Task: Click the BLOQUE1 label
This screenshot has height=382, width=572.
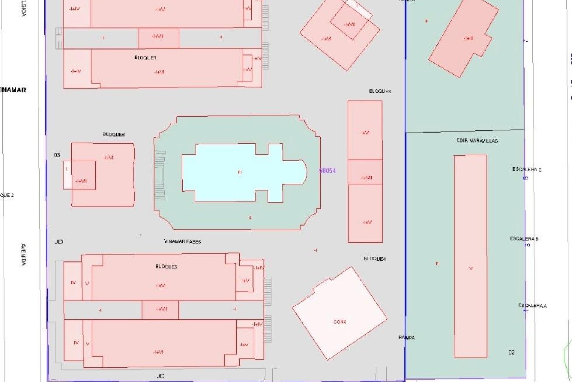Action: pyautogui.click(x=145, y=58)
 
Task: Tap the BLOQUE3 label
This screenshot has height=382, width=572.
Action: pyautogui.click(x=380, y=91)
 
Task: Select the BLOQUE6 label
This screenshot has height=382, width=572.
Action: pyautogui.click(x=114, y=135)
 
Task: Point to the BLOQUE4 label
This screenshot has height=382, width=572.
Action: pyautogui.click(x=374, y=259)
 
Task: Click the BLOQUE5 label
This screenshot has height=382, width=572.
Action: pyautogui.click(x=166, y=267)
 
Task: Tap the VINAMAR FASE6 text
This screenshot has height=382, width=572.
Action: pyautogui.click(x=183, y=241)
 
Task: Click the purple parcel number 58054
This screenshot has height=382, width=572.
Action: pyautogui.click(x=327, y=171)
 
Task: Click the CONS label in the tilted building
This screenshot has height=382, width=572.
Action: pyautogui.click(x=340, y=322)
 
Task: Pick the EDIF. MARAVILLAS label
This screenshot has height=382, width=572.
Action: pyautogui.click(x=477, y=141)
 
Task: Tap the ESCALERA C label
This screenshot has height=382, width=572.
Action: pyautogui.click(x=527, y=170)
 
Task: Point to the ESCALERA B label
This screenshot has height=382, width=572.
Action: pyautogui.click(x=524, y=239)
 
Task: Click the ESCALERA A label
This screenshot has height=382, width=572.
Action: pyautogui.click(x=532, y=306)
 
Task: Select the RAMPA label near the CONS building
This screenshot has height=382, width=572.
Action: pyautogui.click(x=407, y=338)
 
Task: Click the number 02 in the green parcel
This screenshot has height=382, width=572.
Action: pyautogui.click(x=511, y=352)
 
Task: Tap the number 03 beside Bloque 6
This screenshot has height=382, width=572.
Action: pyautogui.click(x=57, y=155)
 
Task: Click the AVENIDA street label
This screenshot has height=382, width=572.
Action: pyautogui.click(x=24, y=254)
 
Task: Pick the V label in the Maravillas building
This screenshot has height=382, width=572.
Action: pyautogui.click(x=471, y=268)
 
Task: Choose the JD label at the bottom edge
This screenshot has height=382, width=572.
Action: pyautogui.click(x=160, y=376)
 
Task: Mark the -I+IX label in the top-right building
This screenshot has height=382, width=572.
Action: pyautogui.click(x=468, y=38)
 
